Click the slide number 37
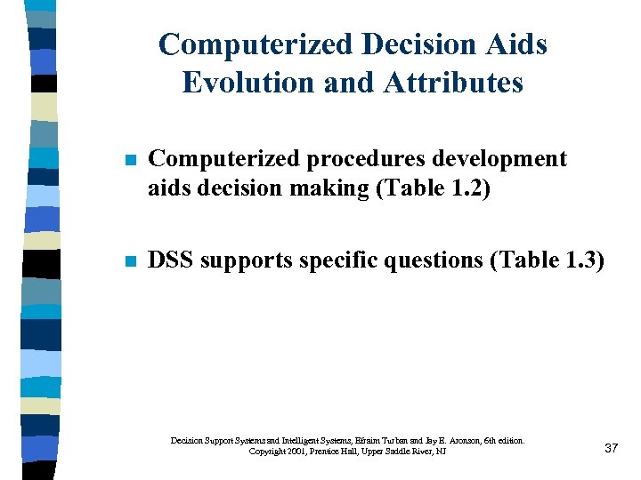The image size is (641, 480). point(611,448)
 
